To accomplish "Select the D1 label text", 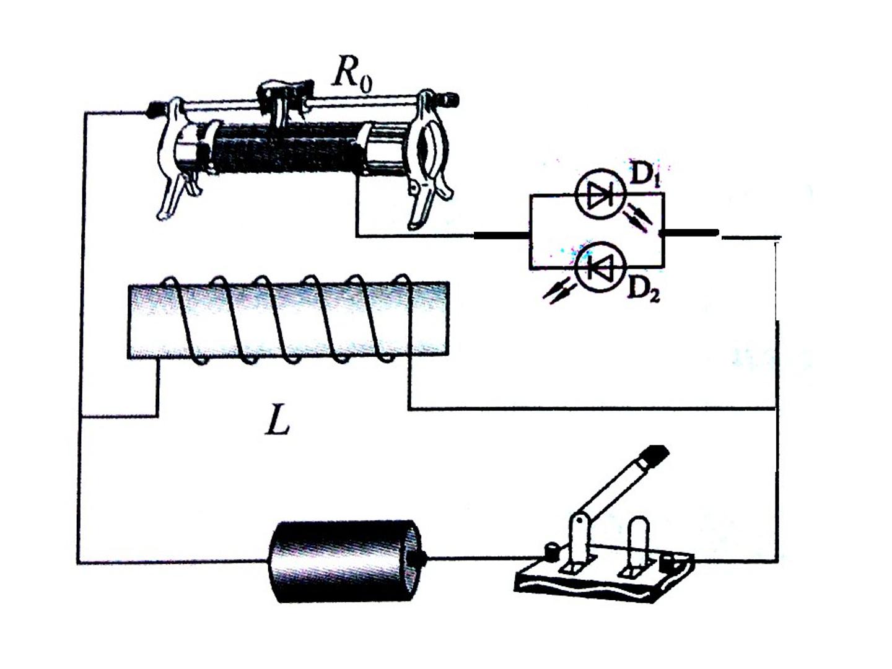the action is [x=644, y=177].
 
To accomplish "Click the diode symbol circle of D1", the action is [x=601, y=194].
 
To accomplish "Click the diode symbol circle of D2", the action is [x=601, y=267].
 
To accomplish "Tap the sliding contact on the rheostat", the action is [x=284, y=102].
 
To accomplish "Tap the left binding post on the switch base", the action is [x=551, y=551].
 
